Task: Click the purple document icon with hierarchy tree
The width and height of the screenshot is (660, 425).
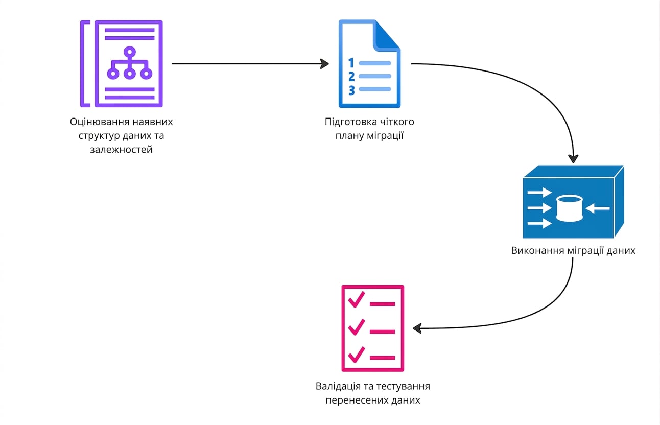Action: (122, 64)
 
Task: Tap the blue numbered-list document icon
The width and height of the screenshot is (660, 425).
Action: (369, 64)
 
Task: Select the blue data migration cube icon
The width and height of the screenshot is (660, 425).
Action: (573, 202)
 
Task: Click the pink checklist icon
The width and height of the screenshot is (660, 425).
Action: (373, 328)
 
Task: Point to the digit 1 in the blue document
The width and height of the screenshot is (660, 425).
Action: (351, 63)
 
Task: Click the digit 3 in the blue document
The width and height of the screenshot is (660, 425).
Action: (351, 90)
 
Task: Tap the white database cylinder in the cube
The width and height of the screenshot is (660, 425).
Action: (570, 208)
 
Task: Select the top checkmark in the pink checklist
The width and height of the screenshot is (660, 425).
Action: (357, 299)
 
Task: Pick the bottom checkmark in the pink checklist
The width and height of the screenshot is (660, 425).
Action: (357, 355)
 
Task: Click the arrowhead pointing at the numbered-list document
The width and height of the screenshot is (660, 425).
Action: (325, 64)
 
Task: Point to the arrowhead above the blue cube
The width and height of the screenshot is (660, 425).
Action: (573, 159)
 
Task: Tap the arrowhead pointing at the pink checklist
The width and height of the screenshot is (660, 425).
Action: (417, 328)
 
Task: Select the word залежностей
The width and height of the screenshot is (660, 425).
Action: (122, 150)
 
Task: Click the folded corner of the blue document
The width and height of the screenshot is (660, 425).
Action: (387, 35)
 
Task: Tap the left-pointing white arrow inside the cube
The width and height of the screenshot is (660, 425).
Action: (598, 208)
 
